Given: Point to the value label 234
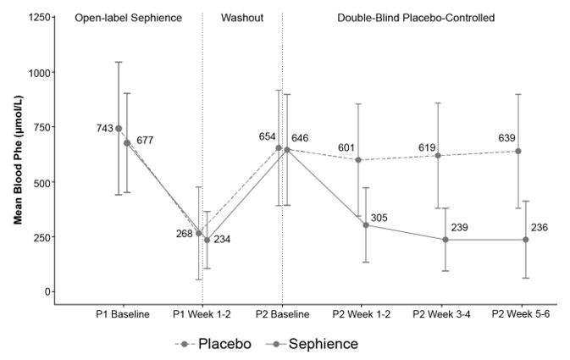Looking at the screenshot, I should click(x=222, y=240).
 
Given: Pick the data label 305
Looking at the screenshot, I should click(x=379, y=218).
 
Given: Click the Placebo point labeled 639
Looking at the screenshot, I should click(x=518, y=151).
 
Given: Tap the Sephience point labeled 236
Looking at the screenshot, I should click(x=526, y=240).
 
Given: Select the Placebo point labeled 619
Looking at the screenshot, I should click(x=438, y=155).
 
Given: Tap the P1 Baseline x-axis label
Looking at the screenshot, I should click(x=123, y=314).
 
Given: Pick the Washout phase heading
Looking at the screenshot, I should click(x=241, y=17).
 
